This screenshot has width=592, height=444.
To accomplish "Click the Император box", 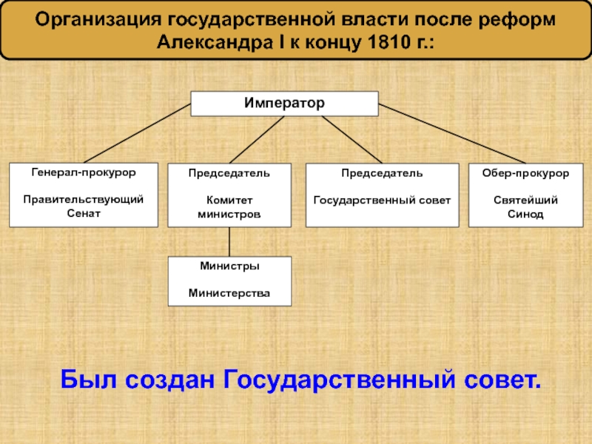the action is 285,104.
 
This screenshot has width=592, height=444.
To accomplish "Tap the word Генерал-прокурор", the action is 84,172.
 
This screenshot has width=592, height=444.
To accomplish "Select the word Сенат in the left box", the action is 84,213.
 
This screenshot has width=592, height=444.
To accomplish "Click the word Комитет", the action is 229,200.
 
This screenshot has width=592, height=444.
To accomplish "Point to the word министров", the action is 229,213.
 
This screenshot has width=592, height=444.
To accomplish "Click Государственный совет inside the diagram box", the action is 382,200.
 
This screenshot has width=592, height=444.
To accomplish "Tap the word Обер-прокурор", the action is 525,172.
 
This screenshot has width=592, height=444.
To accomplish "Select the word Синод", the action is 525,214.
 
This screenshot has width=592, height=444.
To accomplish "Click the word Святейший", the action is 525,200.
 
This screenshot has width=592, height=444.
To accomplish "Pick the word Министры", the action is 229,266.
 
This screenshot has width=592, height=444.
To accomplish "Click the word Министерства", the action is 229,294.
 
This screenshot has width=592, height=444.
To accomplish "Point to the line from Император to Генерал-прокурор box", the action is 137,133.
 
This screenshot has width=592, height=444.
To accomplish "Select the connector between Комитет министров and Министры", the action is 229,241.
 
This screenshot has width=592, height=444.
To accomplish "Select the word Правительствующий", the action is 84,200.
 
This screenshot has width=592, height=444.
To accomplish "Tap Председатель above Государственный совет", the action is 382,172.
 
